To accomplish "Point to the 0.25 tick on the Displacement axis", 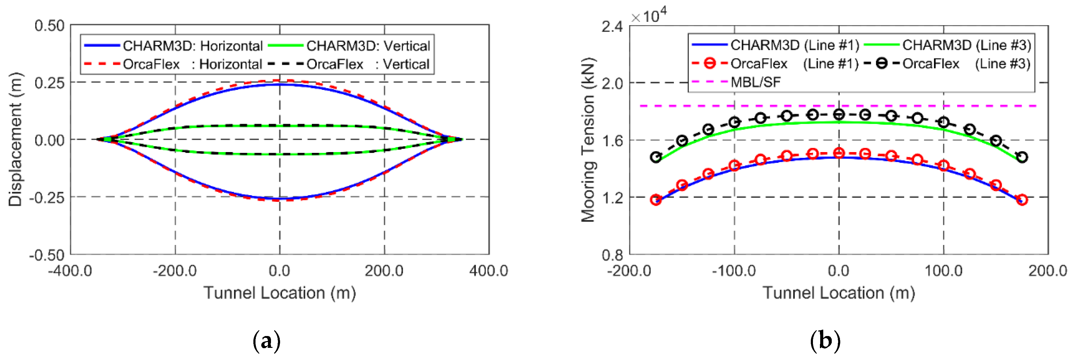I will tap(49, 83).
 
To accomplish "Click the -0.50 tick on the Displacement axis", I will tap(47, 255).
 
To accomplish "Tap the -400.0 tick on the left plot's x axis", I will tap(70, 271).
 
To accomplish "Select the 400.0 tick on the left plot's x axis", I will tap(489, 271).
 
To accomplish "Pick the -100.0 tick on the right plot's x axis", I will tap(734, 271).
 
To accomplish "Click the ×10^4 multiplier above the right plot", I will tap(648, 16).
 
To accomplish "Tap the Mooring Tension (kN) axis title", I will tap(588, 140).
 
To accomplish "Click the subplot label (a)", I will tap(267, 341).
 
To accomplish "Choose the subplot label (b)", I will tap(825, 341).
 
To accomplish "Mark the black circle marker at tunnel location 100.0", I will tap(943, 122).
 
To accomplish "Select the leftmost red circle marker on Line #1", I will tap(656, 200).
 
